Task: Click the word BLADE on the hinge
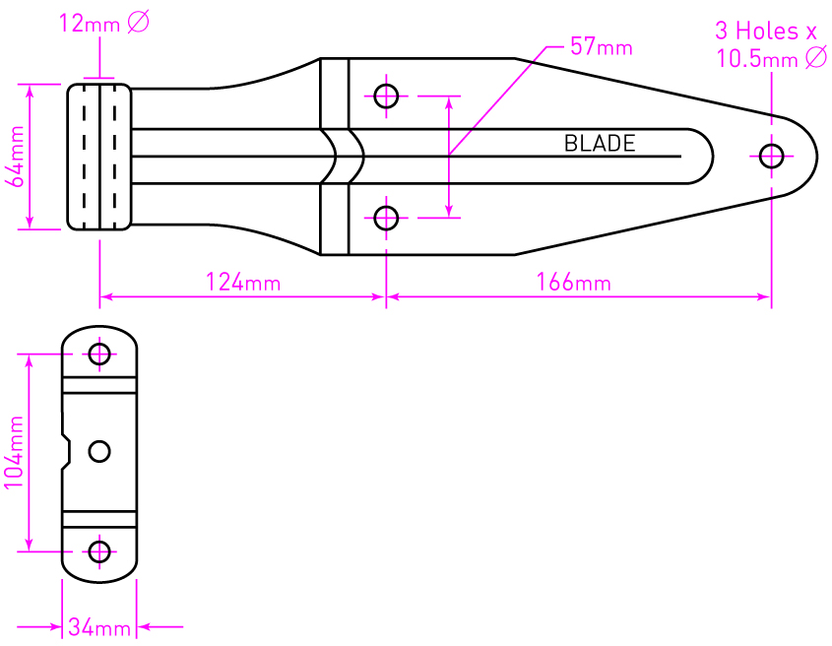[600, 144]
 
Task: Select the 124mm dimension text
[243, 284]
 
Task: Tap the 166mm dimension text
[574, 284]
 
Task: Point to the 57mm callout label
[602, 46]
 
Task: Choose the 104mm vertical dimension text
[15, 452]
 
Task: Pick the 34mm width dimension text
[98, 627]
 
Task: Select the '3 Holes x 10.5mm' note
[771, 45]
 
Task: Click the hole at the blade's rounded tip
[771, 155]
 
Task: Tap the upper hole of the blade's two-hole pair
[386, 96]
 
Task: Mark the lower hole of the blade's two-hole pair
[386, 218]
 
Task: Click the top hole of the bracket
[99, 354]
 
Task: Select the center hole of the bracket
[99, 451]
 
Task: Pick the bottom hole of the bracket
[99, 551]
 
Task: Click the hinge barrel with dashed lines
[99, 157]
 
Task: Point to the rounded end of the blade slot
[702, 156]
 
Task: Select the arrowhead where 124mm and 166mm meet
[384, 295]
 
